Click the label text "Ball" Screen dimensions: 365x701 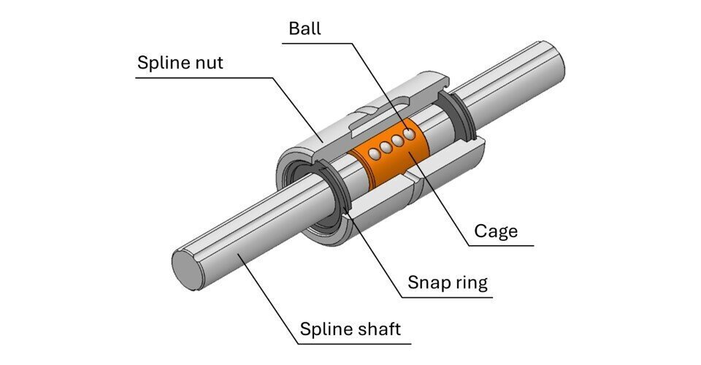[304, 28]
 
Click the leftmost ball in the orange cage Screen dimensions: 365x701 [373, 153]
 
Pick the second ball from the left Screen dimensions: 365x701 [386, 147]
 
